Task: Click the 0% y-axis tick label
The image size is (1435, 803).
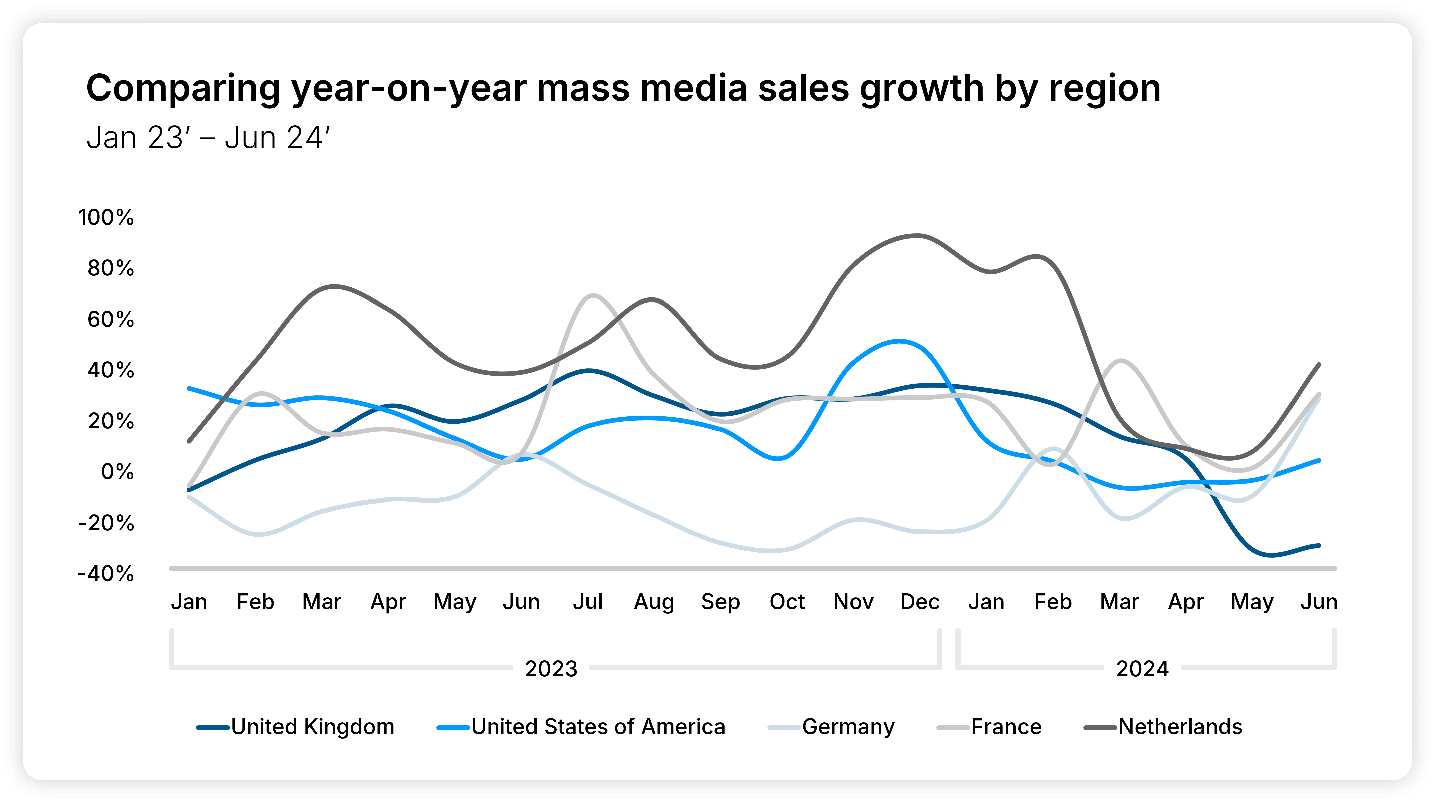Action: [x=117, y=472]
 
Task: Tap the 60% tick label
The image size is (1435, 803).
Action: [x=111, y=319]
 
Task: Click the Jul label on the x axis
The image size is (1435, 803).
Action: [x=588, y=602]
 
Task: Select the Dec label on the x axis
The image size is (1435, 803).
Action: [x=920, y=602]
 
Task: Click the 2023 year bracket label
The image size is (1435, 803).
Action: [x=551, y=669]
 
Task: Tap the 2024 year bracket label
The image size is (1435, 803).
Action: [x=1142, y=669]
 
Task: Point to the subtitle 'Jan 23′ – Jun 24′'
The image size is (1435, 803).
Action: [x=208, y=138]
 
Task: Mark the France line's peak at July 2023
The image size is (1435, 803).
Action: [x=592, y=295]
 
